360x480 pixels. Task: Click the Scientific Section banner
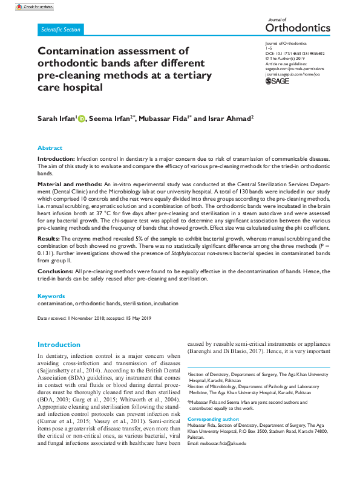click(x=59, y=29)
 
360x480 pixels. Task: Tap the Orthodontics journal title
click(x=298, y=28)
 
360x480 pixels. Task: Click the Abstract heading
click(x=50, y=148)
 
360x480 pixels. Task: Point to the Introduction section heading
click(x=59, y=345)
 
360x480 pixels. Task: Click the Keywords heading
click(x=51, y=296)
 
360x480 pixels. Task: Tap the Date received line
click(x=94, y=317)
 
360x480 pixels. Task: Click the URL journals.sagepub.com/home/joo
click(x=292, y=73)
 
